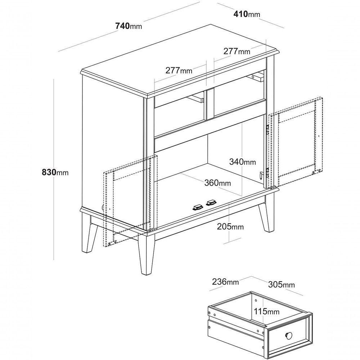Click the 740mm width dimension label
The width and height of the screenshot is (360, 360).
[129, 26]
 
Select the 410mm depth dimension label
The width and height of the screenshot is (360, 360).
[247, 14]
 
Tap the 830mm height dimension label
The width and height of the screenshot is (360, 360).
[55, 172]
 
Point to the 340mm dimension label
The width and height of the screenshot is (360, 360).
[242, 162]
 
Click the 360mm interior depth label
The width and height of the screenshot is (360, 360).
[218, 183]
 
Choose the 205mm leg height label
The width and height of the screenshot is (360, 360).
[230, 226]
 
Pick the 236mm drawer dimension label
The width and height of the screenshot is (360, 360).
[225, 282]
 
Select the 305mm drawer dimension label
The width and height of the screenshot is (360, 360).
[282, 285]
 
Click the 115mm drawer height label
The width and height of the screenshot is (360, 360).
[266, 311]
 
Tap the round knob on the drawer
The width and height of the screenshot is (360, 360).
[289, 336]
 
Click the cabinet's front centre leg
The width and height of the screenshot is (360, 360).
[146, 254]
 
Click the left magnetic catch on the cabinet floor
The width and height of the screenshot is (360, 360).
[198, 208]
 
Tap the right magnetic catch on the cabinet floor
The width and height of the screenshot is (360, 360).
[211, 202]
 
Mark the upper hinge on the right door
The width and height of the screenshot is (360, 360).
[267, 130]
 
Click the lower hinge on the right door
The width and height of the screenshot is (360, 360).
[267, 172]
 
